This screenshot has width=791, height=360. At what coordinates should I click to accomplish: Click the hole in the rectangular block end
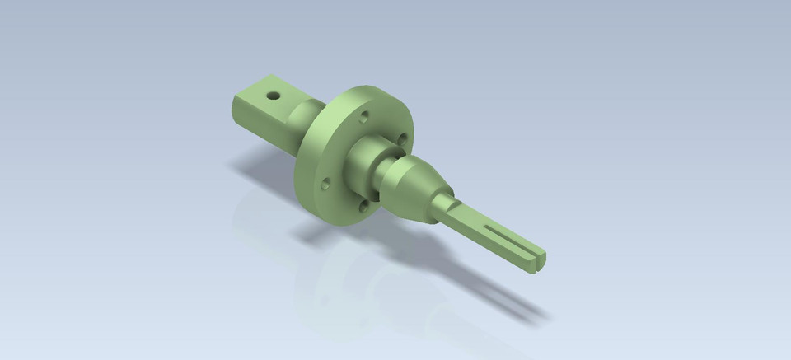(x=274, y=95)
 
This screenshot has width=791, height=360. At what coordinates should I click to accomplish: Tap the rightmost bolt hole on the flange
(x=401, y=138)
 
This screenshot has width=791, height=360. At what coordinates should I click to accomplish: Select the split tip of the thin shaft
(x=536, y=259)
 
